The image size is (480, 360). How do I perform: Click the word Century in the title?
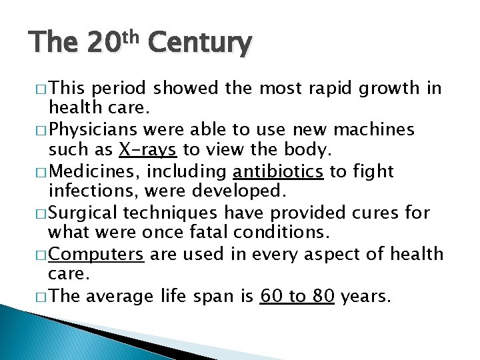tap(200, 44)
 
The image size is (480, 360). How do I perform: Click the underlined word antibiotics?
tap(278, 171)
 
